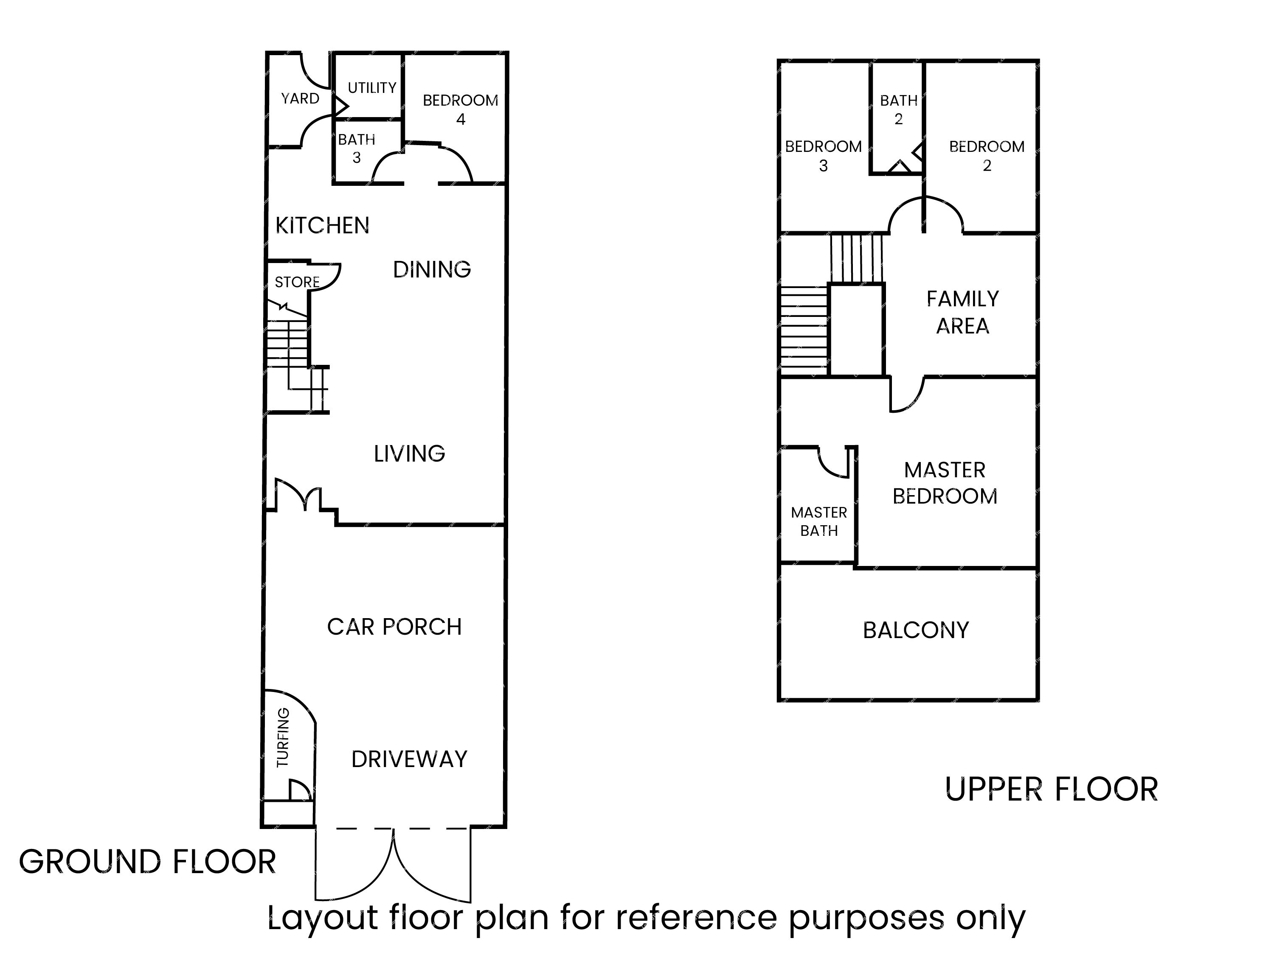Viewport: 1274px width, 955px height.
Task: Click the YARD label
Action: [300, 98]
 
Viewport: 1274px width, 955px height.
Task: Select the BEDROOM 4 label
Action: [461, 109]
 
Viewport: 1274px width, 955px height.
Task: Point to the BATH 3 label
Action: [357, 148]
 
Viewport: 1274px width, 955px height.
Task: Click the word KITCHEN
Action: [323, 226]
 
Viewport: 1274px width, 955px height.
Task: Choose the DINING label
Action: [432, 269]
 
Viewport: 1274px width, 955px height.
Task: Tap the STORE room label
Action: [297, 282]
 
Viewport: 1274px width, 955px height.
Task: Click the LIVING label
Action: [410, 454]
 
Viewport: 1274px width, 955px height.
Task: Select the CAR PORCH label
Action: [394, 627]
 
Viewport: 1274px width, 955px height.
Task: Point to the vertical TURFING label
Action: [283, 737]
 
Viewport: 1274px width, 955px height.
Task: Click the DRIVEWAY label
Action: [410, 759]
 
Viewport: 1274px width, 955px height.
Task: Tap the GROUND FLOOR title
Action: [147, 862]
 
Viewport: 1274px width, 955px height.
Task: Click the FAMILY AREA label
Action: [963, 313]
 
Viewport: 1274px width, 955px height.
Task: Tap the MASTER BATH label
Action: [819, 521]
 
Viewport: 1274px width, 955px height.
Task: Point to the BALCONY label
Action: [916, 630]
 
